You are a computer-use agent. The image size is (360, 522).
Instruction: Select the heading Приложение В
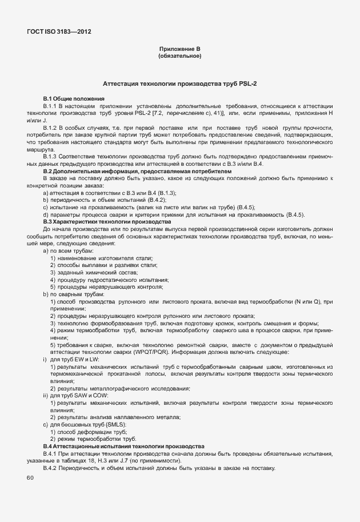click(179, 49)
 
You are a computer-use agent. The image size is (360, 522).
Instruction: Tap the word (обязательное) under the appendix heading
click(179, 56)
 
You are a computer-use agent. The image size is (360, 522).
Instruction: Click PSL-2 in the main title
click(246, 84)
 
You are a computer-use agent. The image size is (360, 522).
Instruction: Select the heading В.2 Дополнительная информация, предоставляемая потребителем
click(138, 171)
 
